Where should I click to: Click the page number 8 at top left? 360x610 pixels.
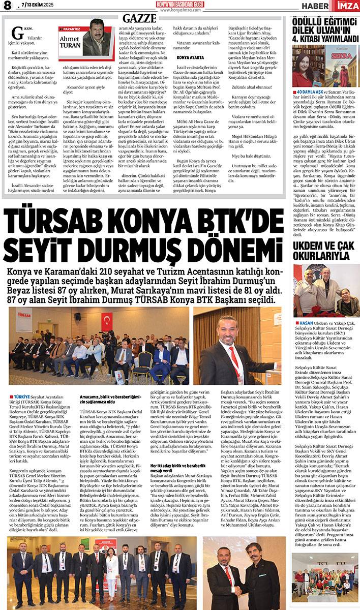coord(7,6)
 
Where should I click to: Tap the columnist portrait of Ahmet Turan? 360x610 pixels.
coord(97,38)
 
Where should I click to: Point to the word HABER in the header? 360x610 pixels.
coord(317,6)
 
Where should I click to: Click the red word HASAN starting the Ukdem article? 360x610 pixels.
coord(307,323)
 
